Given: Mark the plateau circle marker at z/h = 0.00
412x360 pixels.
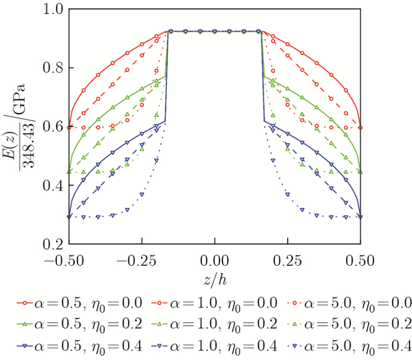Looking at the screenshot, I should tap(215, 31).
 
